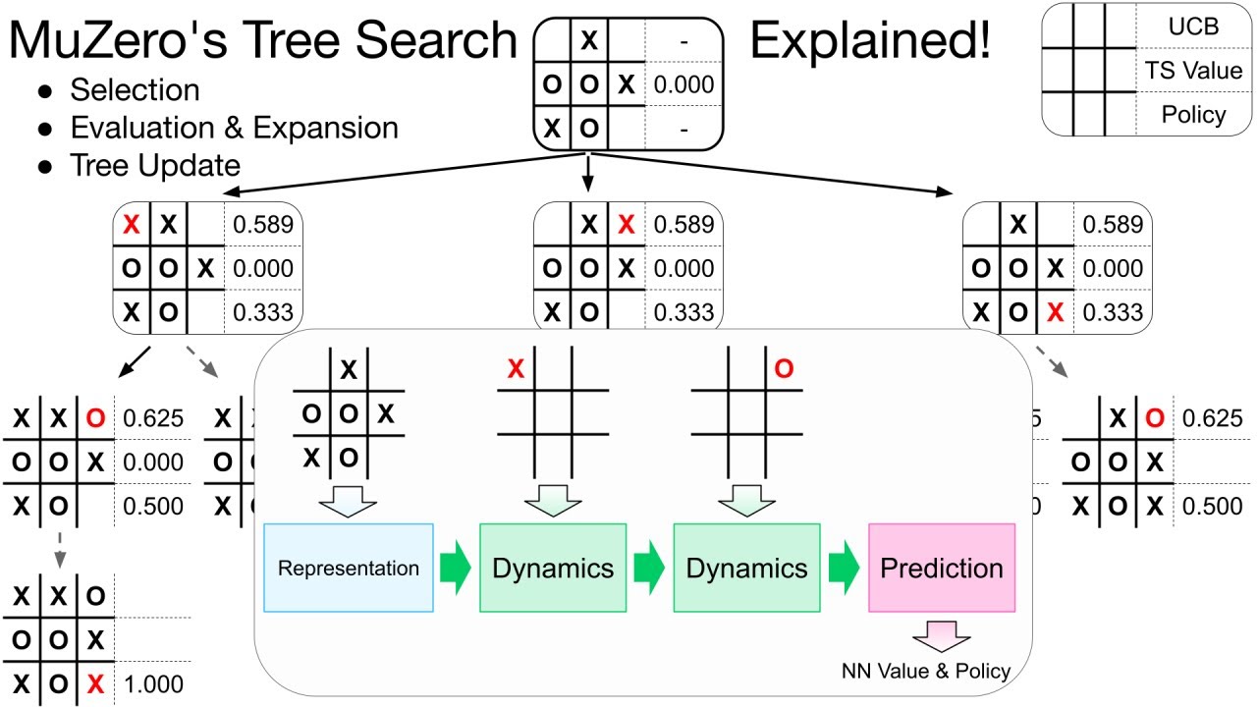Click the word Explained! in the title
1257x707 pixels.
(x=870, y=41)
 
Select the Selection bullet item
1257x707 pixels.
(x=135, y=90)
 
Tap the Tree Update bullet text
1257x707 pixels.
(x=155, y=165)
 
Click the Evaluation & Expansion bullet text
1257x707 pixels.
(x=234, y=128)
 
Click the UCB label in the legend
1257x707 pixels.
(x=1193, y=27)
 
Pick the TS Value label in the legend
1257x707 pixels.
(x=1193, y=71)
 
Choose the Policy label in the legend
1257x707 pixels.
(x=1193, y=114)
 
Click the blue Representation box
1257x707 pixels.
(x=349, y=568)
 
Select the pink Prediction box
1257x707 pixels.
(x=942, y=568)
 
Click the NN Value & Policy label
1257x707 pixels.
(x=926, y=672)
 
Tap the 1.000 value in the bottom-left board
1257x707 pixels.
(x=153, y=684)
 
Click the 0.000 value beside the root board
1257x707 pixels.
(x=683, y=84)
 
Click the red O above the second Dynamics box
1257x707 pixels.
(x=783, y=368)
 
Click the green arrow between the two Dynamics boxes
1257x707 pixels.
(x=649, y=568)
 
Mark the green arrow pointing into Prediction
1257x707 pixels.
(x=844, y=568)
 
